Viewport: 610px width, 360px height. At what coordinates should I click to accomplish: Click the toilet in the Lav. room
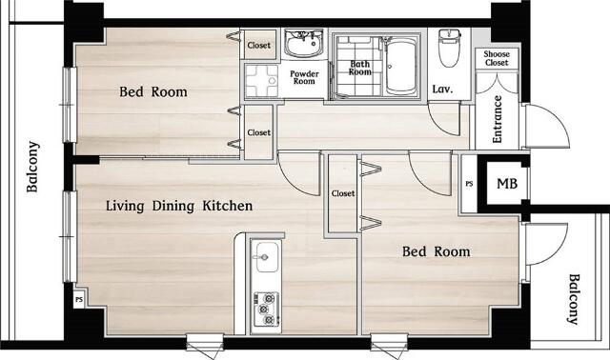[449, 48]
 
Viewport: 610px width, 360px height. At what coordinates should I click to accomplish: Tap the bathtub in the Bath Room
[401, 66]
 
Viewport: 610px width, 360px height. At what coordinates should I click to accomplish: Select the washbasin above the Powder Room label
[303, 43]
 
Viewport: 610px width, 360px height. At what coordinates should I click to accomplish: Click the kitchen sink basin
[267, 256]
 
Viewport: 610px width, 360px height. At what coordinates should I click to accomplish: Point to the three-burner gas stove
[267, 310]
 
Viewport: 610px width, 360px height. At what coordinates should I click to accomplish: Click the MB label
[507, 184]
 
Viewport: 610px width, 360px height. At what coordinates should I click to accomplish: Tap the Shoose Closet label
[497, 58]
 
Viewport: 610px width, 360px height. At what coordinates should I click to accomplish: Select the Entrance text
[497, 119]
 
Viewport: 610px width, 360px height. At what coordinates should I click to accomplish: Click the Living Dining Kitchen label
[179, 206]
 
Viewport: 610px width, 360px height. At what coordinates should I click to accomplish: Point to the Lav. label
[442, 89]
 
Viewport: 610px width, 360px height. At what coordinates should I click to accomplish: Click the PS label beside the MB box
[469, 184]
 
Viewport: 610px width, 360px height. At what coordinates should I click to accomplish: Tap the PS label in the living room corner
[79, 299]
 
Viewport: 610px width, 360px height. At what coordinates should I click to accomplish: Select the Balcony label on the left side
[32, 167]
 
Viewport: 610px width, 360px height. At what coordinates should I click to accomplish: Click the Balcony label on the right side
[574, 299]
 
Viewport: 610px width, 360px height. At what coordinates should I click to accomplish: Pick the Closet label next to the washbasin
[258, 45]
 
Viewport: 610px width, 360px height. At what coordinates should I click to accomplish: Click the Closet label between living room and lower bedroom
[343, 193]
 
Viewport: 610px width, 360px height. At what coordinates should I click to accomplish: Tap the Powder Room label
[304, 77]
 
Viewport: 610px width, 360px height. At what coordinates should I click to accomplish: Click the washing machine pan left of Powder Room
[261, 81]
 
